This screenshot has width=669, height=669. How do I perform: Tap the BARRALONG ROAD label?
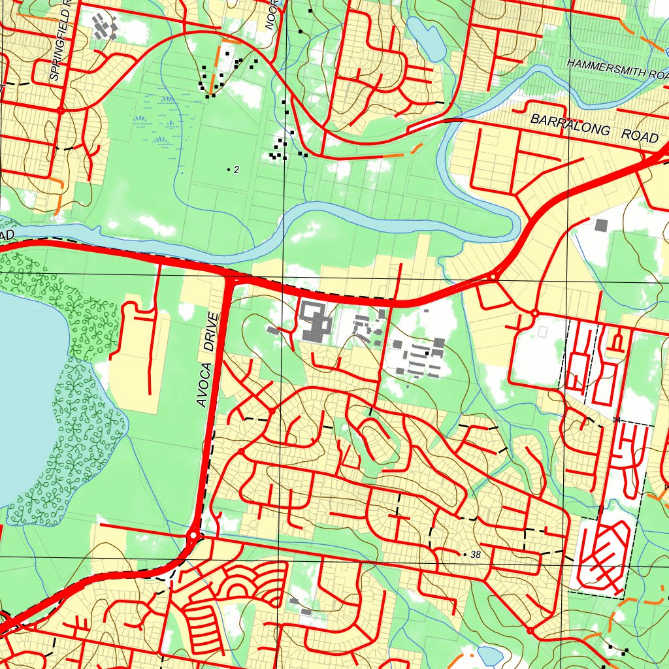(x=594, y=129)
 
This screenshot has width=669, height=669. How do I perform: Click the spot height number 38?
(x=475, y=555)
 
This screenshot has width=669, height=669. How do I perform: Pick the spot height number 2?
(x=236, y=170)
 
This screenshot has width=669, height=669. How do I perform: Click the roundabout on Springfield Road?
(x=60, y=110)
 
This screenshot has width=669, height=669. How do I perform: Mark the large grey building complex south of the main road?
(x=316, y=321)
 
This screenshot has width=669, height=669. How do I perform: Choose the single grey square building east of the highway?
(x=601, y=225)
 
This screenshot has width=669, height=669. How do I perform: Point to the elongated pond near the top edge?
(x=427, y=39)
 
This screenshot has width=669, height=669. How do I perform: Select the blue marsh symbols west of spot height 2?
(x=160, y=121)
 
